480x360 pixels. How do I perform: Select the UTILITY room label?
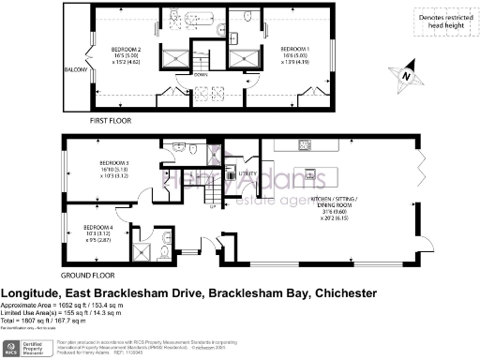click(x=247, y=174)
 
